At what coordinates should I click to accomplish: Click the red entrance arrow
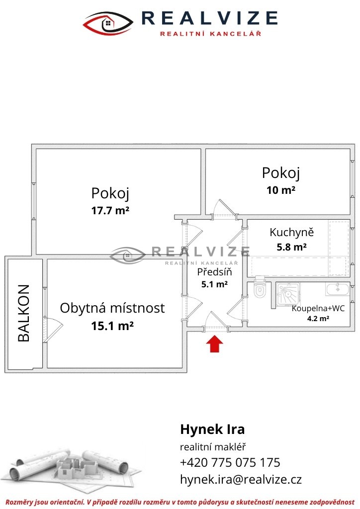215,344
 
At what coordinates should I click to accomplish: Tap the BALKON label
24,313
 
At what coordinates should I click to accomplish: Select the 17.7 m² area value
110,211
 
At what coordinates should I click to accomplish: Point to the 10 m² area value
281,190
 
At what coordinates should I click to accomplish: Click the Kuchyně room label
291,233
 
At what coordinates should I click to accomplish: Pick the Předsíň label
215,271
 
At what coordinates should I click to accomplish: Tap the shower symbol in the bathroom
288,294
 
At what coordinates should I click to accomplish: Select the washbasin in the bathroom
338,289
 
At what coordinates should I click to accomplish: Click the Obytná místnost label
112,308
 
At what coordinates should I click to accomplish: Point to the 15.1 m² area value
112,326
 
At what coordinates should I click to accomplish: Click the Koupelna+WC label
318,308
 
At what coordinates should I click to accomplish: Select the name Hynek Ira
212,429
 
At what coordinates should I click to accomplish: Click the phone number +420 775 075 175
230,462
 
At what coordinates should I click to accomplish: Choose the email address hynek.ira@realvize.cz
241,479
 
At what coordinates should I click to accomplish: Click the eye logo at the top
108,23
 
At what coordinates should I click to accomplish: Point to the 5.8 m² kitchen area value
291,248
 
